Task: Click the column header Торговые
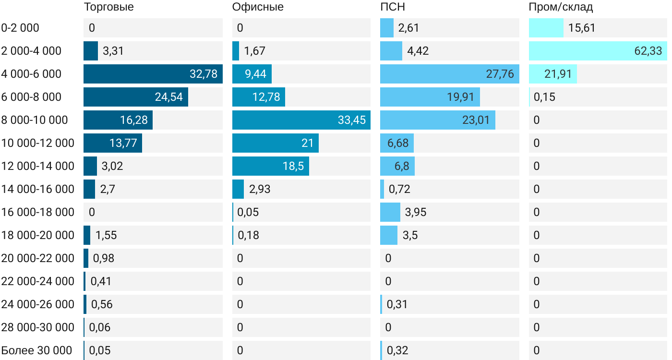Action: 108,7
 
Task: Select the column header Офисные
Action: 258,7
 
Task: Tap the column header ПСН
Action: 389,7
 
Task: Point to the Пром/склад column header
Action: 561,7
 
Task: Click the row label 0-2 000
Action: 20,28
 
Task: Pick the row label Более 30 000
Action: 36,350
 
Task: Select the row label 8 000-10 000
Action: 35,120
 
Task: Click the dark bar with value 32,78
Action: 153,74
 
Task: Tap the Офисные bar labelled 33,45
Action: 301,120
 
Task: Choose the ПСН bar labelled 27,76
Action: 449,74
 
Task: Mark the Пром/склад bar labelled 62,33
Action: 598,51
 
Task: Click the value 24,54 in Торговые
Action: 169,97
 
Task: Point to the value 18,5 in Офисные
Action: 293,166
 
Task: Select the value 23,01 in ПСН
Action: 476,120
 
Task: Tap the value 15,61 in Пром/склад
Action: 582,28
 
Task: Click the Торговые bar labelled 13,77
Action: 113,143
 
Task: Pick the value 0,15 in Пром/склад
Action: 544,97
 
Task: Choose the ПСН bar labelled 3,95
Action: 390,212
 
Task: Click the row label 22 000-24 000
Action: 37,281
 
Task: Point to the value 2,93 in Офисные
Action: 260,189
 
